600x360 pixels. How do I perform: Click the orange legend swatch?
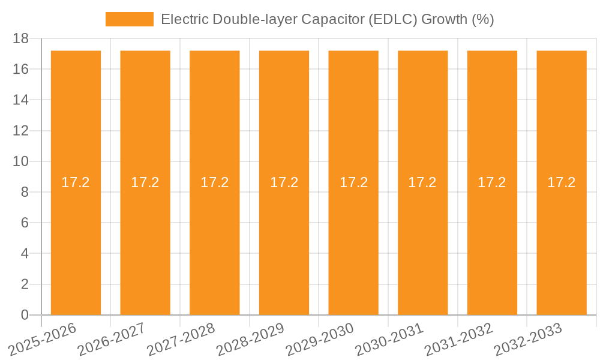pyautogui.click(x=129, y=19)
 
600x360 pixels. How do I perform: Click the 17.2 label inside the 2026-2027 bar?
pyautogui.click(x=145, y=182)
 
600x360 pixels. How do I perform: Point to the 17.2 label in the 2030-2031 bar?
pyautogui.click(x=422, y=182)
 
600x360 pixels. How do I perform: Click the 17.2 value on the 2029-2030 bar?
pyautogui.click(x=353, y=182)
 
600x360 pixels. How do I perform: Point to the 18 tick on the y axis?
pyautogui.click(x=20, y=38)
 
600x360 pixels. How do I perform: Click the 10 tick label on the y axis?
pyautogui.click(x=20, y=161)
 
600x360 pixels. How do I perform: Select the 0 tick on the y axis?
pyautogui.click(x=25, y=315)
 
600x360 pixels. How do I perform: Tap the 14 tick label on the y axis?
pyautogui.click(x=20, y=100)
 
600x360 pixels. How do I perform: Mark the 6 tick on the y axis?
pyautogui.click(x=25, y=223)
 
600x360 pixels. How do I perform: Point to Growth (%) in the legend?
pyautogui.click(x=458, y=19)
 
